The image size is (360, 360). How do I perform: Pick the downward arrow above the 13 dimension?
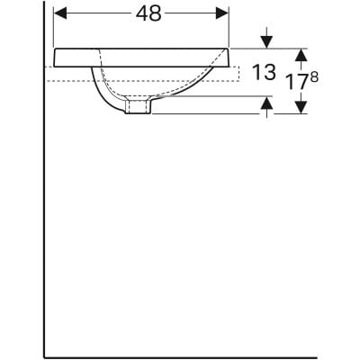pos(266,40)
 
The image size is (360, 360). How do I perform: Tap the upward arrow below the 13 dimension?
pos(266,105)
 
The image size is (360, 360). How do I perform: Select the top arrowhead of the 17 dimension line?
pos(302,53)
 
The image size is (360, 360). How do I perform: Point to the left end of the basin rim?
pos(54,58)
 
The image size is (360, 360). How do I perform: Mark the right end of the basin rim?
pos(229,58)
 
